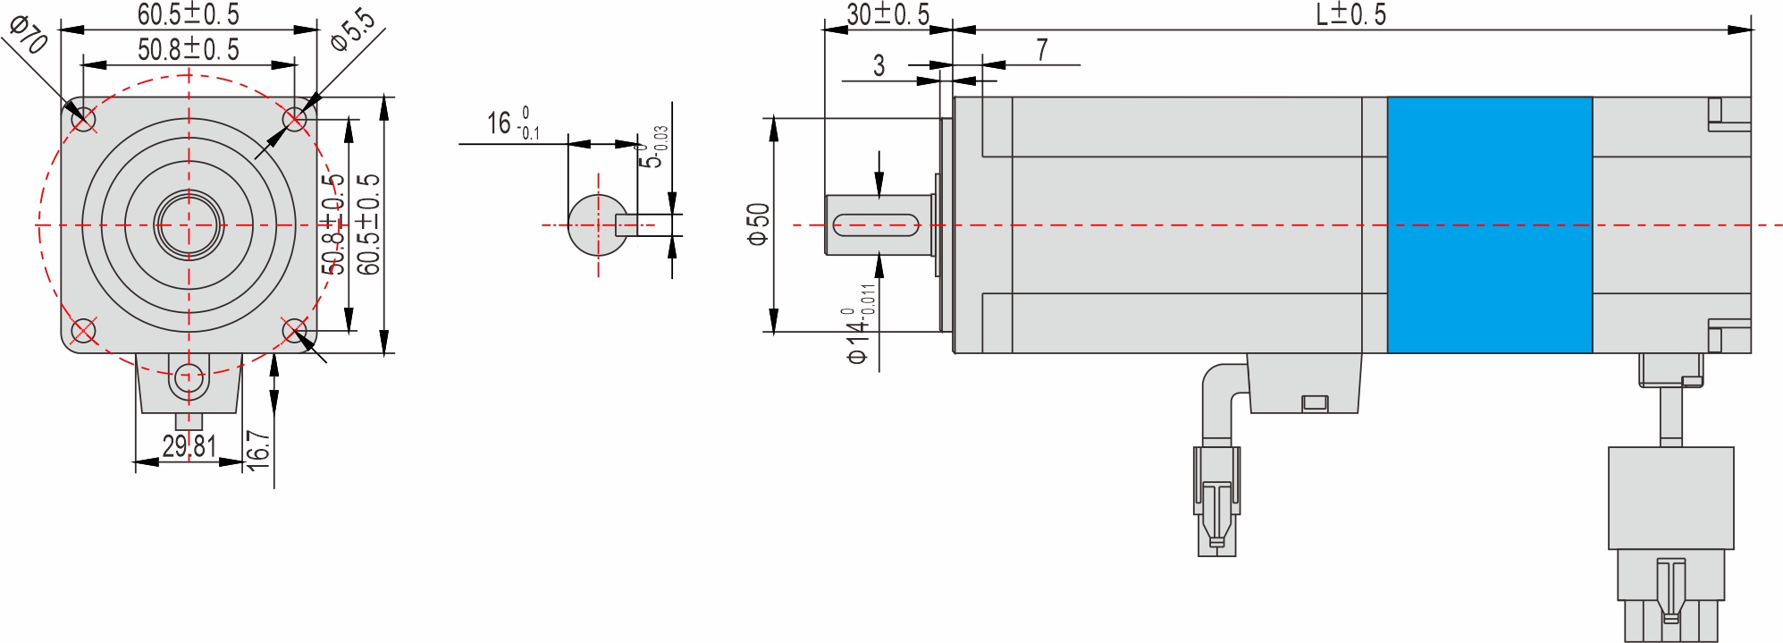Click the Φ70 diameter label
point(28,35)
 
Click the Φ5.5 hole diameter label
point(352,30)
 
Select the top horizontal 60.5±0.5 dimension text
point(189,14)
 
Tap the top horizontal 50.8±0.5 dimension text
point(189,49)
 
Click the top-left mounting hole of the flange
point(83,119)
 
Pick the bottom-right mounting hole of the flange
point(295,331)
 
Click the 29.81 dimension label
point(189,445)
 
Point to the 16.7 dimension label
point(257,445)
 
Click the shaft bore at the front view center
point(189,224)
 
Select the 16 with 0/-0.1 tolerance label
point(512,123)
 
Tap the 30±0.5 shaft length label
point(887,14)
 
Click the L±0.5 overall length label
point(1350,14)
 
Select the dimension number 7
point(1042,50)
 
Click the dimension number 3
point(879,65)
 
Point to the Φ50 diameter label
point(758,224)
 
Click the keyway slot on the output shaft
point(876,225)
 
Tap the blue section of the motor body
point(1489,224)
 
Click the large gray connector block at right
point(1670,498)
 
